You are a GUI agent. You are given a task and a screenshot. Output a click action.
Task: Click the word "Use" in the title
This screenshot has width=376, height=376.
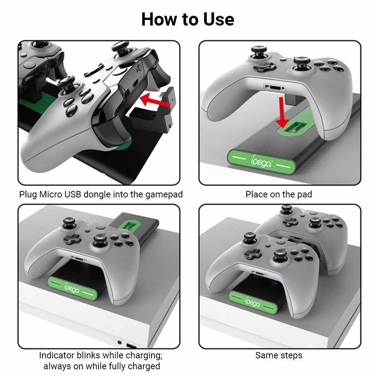point(218,20)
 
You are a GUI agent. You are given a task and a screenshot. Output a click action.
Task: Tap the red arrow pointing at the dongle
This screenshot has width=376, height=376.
point(155,100)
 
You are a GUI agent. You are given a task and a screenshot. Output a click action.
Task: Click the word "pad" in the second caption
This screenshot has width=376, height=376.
point(305,194)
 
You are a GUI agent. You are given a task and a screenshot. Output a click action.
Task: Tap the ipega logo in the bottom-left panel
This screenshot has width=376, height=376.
point(72,288)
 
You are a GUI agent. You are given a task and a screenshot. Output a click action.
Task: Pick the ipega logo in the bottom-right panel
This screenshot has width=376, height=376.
point(253,302)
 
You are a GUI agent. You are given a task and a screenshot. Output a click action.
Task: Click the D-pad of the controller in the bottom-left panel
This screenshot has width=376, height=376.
point(72,239)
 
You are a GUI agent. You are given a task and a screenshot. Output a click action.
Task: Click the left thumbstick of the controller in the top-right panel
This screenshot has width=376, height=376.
point(259,52)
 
